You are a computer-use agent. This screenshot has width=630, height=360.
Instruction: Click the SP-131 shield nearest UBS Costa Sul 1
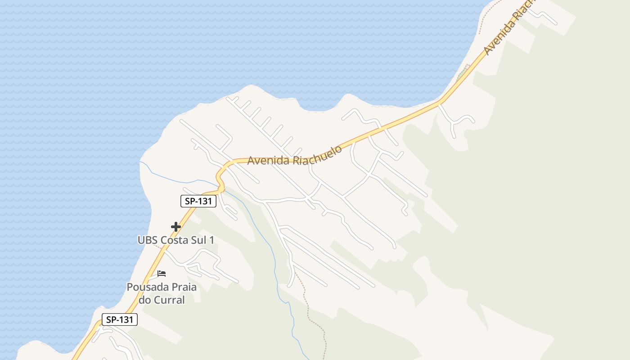198,201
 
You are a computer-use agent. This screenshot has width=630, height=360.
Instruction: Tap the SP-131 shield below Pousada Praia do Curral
119,319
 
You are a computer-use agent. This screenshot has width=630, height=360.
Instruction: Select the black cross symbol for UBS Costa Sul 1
176,227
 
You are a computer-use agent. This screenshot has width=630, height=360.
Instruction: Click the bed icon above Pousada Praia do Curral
162,273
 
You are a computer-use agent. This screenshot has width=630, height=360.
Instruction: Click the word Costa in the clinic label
176,240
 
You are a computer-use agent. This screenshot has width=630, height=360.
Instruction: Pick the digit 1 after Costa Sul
211,240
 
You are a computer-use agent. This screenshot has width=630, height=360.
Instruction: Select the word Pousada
145,287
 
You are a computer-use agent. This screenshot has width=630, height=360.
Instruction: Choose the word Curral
169,300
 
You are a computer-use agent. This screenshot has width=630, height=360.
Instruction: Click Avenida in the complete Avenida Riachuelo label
268,160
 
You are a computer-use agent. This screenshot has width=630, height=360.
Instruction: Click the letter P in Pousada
130,287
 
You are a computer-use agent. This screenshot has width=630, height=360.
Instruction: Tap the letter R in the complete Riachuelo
296,160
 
